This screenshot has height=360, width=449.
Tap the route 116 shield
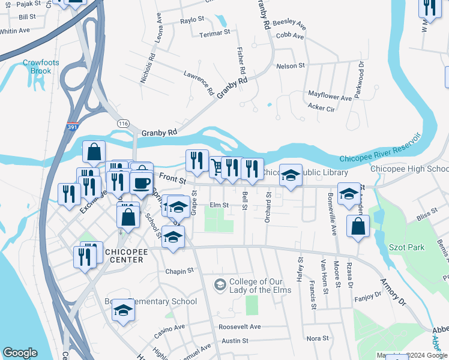123,123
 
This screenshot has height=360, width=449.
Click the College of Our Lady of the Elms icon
220,284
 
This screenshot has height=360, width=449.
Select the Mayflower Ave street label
330,96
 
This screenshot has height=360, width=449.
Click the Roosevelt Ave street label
240,326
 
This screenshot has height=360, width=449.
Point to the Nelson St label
290,65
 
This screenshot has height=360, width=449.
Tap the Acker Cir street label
321,108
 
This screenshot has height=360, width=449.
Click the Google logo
20,353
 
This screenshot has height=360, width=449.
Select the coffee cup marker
141,182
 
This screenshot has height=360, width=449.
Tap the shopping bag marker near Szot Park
358,226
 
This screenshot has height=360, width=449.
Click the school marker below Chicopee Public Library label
291,175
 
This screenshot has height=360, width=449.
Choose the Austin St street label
235,341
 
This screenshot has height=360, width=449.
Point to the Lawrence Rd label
199,83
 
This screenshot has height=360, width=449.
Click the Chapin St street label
179,271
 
